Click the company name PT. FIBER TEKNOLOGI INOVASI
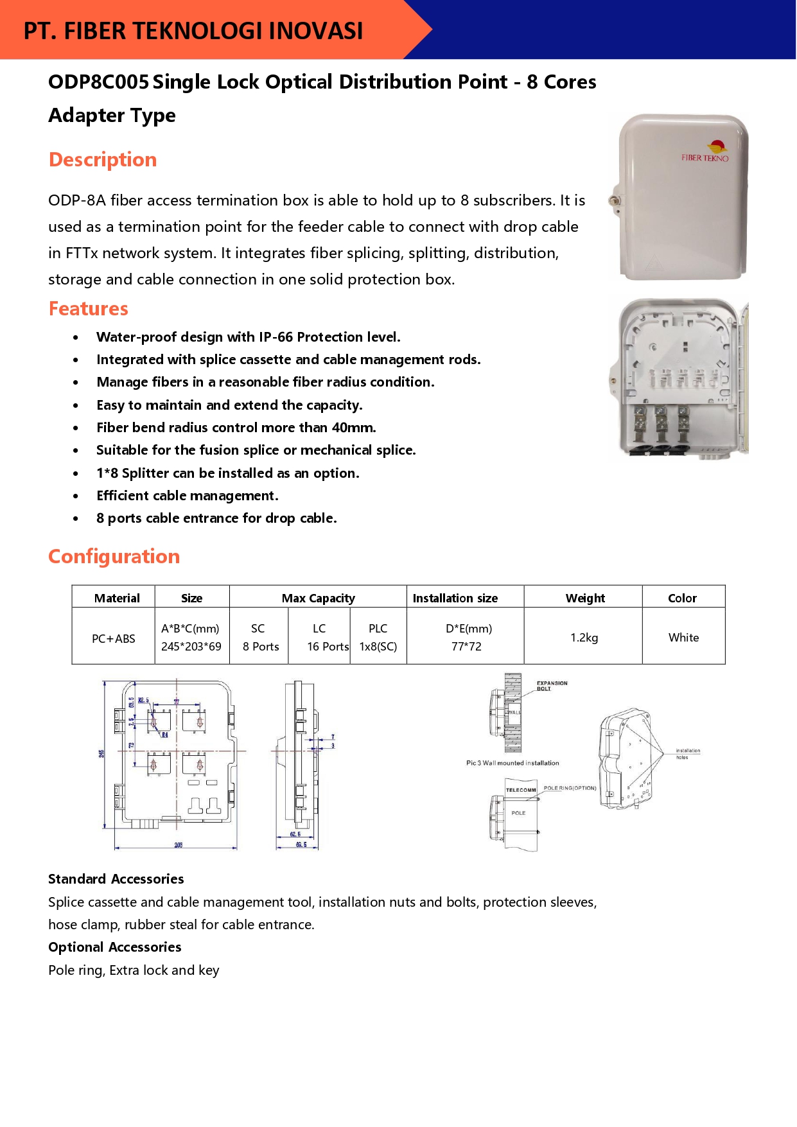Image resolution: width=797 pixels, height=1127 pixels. click(193, 31)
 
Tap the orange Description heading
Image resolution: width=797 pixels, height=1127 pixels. click(103, 159)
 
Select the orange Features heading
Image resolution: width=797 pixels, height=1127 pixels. click(89, 309)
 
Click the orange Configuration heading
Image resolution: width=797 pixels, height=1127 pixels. click(114, 556)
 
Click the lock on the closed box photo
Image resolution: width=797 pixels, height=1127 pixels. click(615, 201)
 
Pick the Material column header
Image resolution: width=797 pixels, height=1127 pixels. click(117, 598)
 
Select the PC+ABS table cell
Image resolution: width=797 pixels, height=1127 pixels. click(114, 638)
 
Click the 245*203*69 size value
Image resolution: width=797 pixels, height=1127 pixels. click(191, 647)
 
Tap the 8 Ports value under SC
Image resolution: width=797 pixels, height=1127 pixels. click(261, 647)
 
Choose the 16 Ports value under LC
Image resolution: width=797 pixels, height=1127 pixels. click(328, 647)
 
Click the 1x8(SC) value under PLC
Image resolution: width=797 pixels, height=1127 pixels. click(378, 647)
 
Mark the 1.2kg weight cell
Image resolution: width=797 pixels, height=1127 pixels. click(584, 638)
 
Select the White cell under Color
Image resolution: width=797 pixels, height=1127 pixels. click(683, 638)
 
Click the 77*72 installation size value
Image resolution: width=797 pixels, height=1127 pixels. click(466, 647)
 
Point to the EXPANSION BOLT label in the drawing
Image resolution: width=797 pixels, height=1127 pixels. click(552, 685)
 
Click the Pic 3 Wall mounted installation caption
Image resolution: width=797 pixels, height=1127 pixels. click(512, 763)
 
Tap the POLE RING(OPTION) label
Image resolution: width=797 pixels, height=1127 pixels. click(570, 788)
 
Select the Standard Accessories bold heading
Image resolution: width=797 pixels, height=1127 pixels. click(116, 879)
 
